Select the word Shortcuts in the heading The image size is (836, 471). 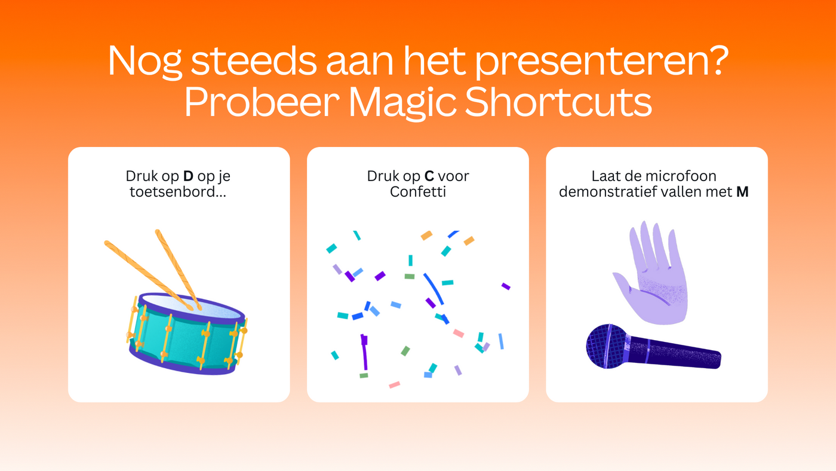pos(558,102)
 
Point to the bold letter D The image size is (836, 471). pos(188,176)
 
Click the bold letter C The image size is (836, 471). pos(429,176)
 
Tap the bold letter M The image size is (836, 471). pos(742,192)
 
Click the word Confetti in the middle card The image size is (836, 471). pos(418,192)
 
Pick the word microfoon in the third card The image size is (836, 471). pos(681,176)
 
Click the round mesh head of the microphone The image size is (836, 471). pos(607,346)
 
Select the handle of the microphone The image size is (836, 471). pos(675,353)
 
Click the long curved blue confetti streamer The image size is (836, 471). pos(434,289)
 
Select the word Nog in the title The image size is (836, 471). pos(145,62)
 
